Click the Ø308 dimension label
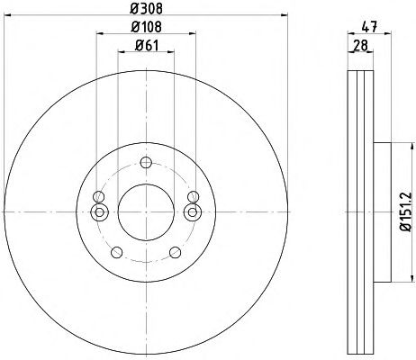click(146, 8)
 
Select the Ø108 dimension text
click(146, 27)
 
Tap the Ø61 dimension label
click(146, 46)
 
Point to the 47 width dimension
click(369, 27)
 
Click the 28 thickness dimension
click(360, 46)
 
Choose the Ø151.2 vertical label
click(406, 211)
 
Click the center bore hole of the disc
click(146, 212)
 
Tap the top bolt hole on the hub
click(146, 163)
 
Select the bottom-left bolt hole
click(116, 252)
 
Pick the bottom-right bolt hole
click(176, 252)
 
